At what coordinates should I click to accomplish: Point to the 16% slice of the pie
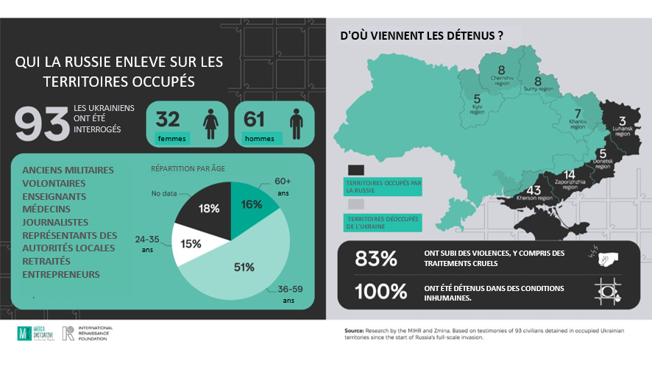click(252, 204)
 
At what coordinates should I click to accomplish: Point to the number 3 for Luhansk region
click(622, 121)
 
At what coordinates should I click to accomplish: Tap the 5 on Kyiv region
click(477, 98)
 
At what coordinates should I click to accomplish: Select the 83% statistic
click(375, 259)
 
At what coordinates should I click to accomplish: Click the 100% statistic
click(380, 291)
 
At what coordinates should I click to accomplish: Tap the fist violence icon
click(608, 256)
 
